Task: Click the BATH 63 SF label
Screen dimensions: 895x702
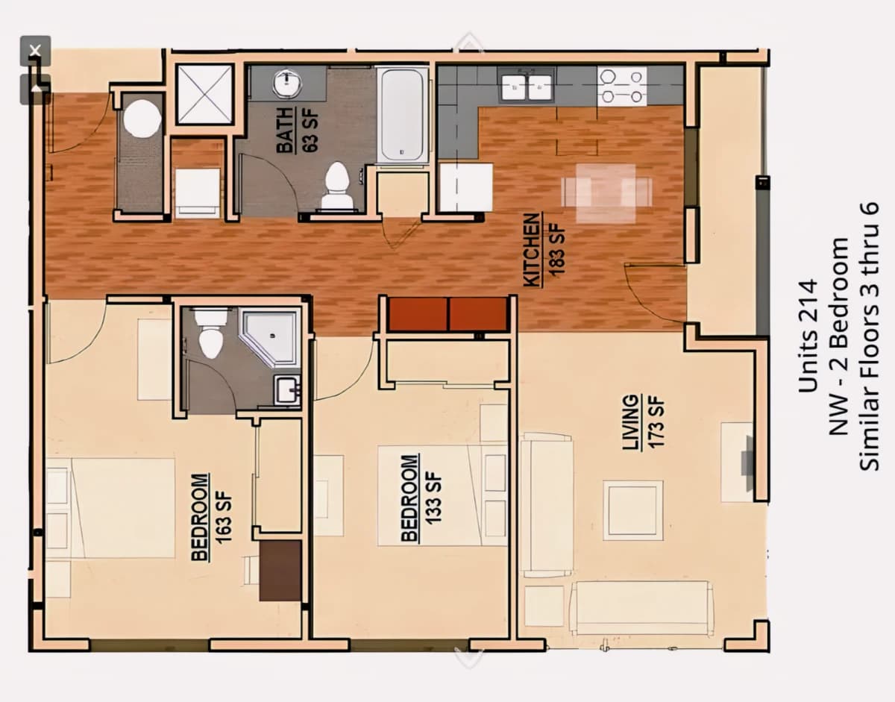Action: [x=298, y=131]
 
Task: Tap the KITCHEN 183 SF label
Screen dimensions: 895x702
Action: [x=544, y=250]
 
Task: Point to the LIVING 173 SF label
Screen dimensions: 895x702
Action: [x=644, y=422]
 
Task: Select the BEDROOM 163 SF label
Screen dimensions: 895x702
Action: [x=212, y=518]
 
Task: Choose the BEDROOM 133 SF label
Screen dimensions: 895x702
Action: [x=421, y=498]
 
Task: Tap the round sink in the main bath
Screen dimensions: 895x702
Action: [x=287, y=82]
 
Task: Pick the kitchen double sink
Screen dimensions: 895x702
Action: [x=527, y=87]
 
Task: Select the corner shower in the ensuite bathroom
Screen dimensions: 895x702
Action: [x=270, y=338]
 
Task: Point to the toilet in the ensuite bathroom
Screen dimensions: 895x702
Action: [x=211, y=333]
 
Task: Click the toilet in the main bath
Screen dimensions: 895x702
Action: [x=337, y=186]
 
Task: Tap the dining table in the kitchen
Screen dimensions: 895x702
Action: [x=606, y=192]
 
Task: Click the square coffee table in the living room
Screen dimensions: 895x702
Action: [x=633, y=510]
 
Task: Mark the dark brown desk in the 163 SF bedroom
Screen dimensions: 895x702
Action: [x=280, y=571]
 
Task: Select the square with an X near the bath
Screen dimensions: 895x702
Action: [x=204, y=94]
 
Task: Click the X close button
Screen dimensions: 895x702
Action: [x=35, y=51]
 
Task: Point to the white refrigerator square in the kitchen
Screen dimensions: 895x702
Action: [x=466, y=187]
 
